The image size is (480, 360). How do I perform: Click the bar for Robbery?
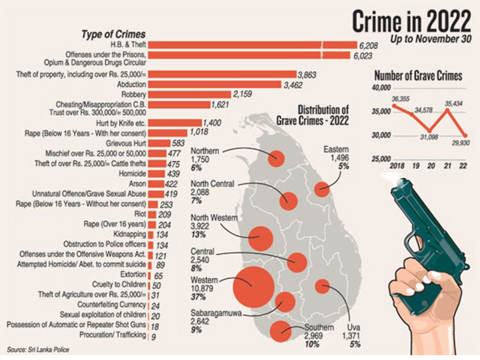tap(190, 94)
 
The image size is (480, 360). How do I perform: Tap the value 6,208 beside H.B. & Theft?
tap(371, 44)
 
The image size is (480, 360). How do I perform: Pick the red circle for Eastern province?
tap(322, 190)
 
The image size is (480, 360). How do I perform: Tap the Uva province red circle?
tap(322, 286)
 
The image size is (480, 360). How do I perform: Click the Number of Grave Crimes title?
tap(418, 76)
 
